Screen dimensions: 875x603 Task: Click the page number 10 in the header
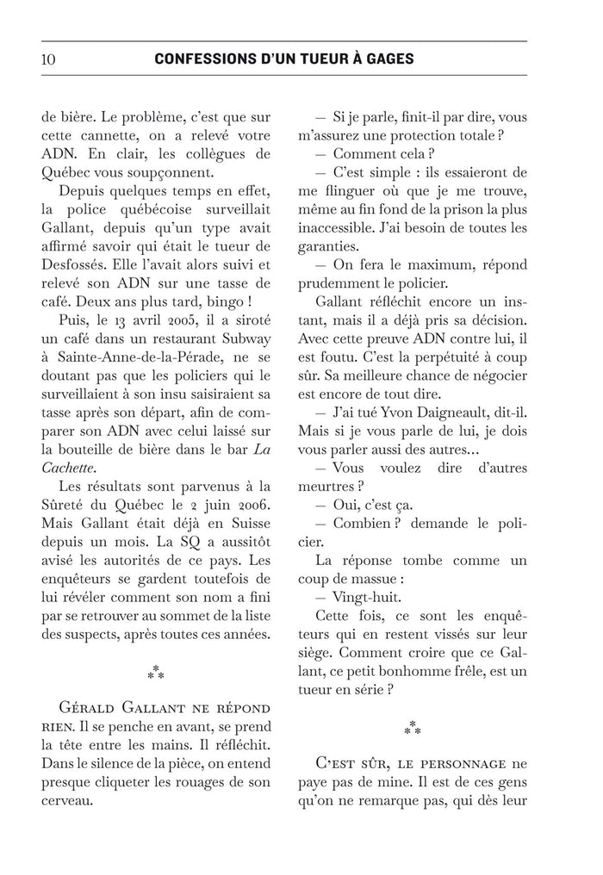48,59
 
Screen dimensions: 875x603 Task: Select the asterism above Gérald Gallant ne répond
155,671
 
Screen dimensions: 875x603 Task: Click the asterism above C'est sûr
413,728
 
